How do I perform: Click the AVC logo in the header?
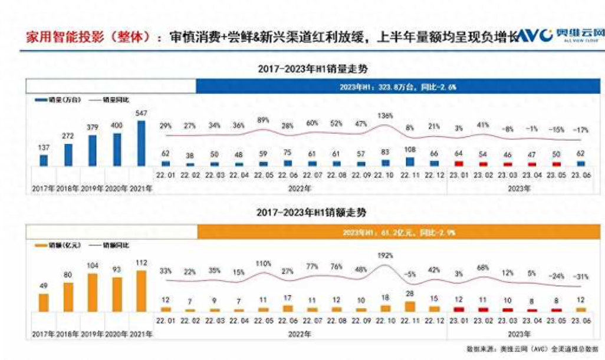(535, 34)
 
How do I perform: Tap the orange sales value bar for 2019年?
(92, 292)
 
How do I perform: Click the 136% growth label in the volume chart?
(385, 115)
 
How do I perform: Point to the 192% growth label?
(385, 256)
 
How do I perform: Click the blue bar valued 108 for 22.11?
(410, 161)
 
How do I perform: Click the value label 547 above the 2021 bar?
(141, 113)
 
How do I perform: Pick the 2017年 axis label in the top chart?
(43, 189)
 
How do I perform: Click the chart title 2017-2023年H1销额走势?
(313, 212)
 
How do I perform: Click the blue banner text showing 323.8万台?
(398, 87)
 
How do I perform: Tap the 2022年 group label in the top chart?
(298, 188)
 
